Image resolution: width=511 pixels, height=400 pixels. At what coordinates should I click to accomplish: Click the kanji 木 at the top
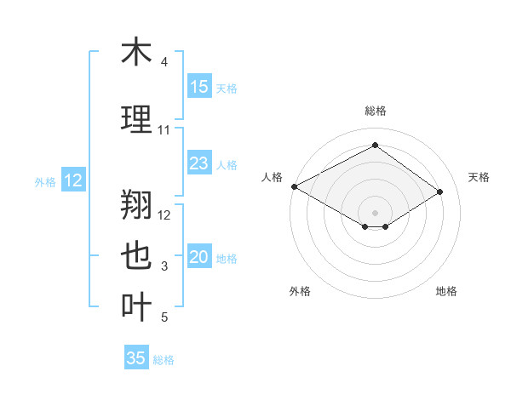135,53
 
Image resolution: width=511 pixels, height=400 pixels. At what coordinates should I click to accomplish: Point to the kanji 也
135,256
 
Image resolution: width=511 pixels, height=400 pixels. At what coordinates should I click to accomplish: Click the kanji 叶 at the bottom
135,307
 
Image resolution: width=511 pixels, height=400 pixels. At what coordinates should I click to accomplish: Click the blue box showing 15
199,86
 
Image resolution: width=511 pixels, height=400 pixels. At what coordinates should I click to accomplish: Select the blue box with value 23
199,163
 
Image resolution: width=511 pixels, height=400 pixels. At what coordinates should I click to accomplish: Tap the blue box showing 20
199,258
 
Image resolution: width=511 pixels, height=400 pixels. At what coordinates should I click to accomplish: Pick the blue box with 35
136,358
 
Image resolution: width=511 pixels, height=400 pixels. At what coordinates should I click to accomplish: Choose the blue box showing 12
72,180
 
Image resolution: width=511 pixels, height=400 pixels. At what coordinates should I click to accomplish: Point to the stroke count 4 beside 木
164,63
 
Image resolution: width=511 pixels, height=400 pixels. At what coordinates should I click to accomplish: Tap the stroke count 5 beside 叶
164,318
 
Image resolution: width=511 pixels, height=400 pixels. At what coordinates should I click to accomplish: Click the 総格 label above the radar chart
375,111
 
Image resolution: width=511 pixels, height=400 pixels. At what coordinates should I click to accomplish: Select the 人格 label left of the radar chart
272,177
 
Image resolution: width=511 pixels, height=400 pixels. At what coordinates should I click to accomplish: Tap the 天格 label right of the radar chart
479,177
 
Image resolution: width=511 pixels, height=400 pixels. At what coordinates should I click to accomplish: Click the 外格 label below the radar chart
300,291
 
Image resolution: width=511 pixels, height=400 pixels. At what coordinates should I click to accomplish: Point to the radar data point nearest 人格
294,186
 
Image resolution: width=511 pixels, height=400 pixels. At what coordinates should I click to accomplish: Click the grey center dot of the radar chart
375,211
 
